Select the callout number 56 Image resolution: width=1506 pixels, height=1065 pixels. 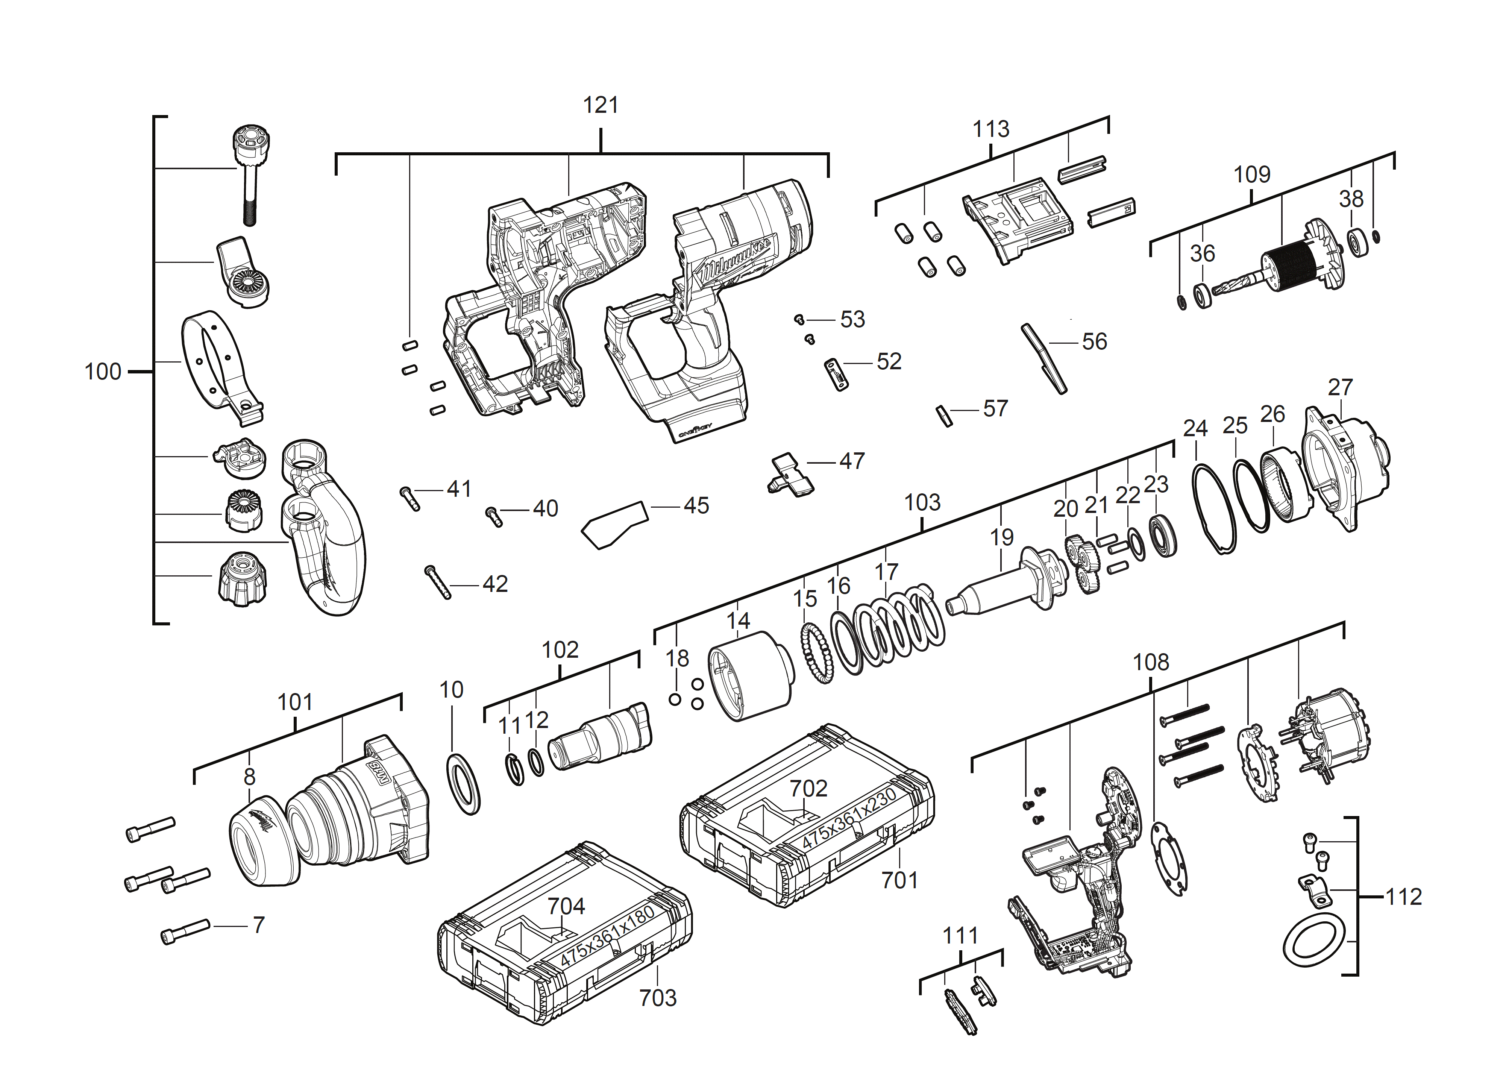1094,342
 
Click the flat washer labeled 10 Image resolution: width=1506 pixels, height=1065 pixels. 464,784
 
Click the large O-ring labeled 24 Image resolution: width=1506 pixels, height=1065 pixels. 1213,508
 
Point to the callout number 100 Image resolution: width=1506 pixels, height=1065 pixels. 103,372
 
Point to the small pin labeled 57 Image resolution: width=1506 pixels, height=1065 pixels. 945,416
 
